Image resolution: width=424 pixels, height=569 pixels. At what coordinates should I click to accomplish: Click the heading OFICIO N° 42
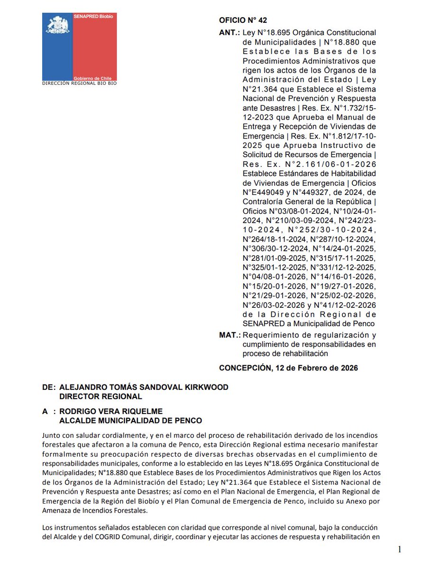click(x=243, y=20)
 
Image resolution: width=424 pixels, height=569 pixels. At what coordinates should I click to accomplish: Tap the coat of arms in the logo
click(x=57, y=25)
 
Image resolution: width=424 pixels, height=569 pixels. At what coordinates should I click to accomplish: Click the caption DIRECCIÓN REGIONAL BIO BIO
click(x=79, y=83)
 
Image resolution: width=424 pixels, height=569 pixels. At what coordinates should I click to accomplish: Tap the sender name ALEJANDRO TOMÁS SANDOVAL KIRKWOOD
click(x=144, y=387)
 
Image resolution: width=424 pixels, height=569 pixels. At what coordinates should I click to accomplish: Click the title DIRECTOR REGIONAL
click(x=101, y=396)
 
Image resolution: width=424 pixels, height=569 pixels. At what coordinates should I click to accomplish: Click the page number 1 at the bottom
click(x=400, y=549)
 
